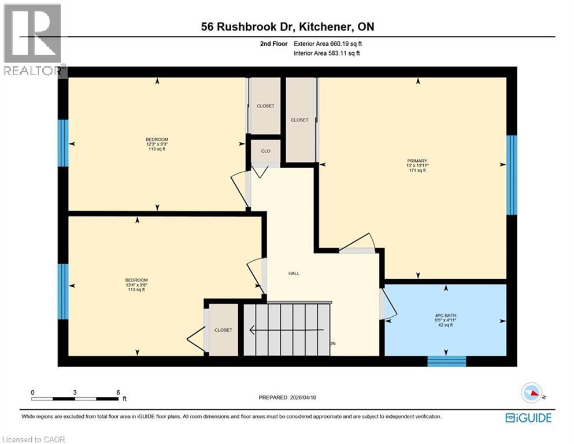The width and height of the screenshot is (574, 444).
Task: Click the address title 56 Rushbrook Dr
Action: pyautogui.click(x=287, y=27)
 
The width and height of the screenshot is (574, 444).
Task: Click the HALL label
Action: pyautogui.click(x=294, y=273)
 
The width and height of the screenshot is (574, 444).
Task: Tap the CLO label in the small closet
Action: pyautogui.click(x=265, y=151)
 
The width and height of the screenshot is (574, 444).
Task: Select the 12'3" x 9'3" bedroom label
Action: pyautogui.click(x=157, y=144)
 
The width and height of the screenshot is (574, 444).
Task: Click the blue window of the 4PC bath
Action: pyautogui.click(x=446, y=361)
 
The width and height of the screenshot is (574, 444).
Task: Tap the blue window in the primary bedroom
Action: pyautogui.click(x=512, y=175)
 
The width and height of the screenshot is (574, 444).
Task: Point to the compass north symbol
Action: pyautogui.click(x=531, y=393)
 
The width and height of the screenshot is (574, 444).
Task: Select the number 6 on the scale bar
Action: pyautogui.click(x=118, y=392)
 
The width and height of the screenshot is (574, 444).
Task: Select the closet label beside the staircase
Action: pyautogui.click(x=223, y=330)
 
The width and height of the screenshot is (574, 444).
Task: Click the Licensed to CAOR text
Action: pyautogui.click(x=34, y=439)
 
